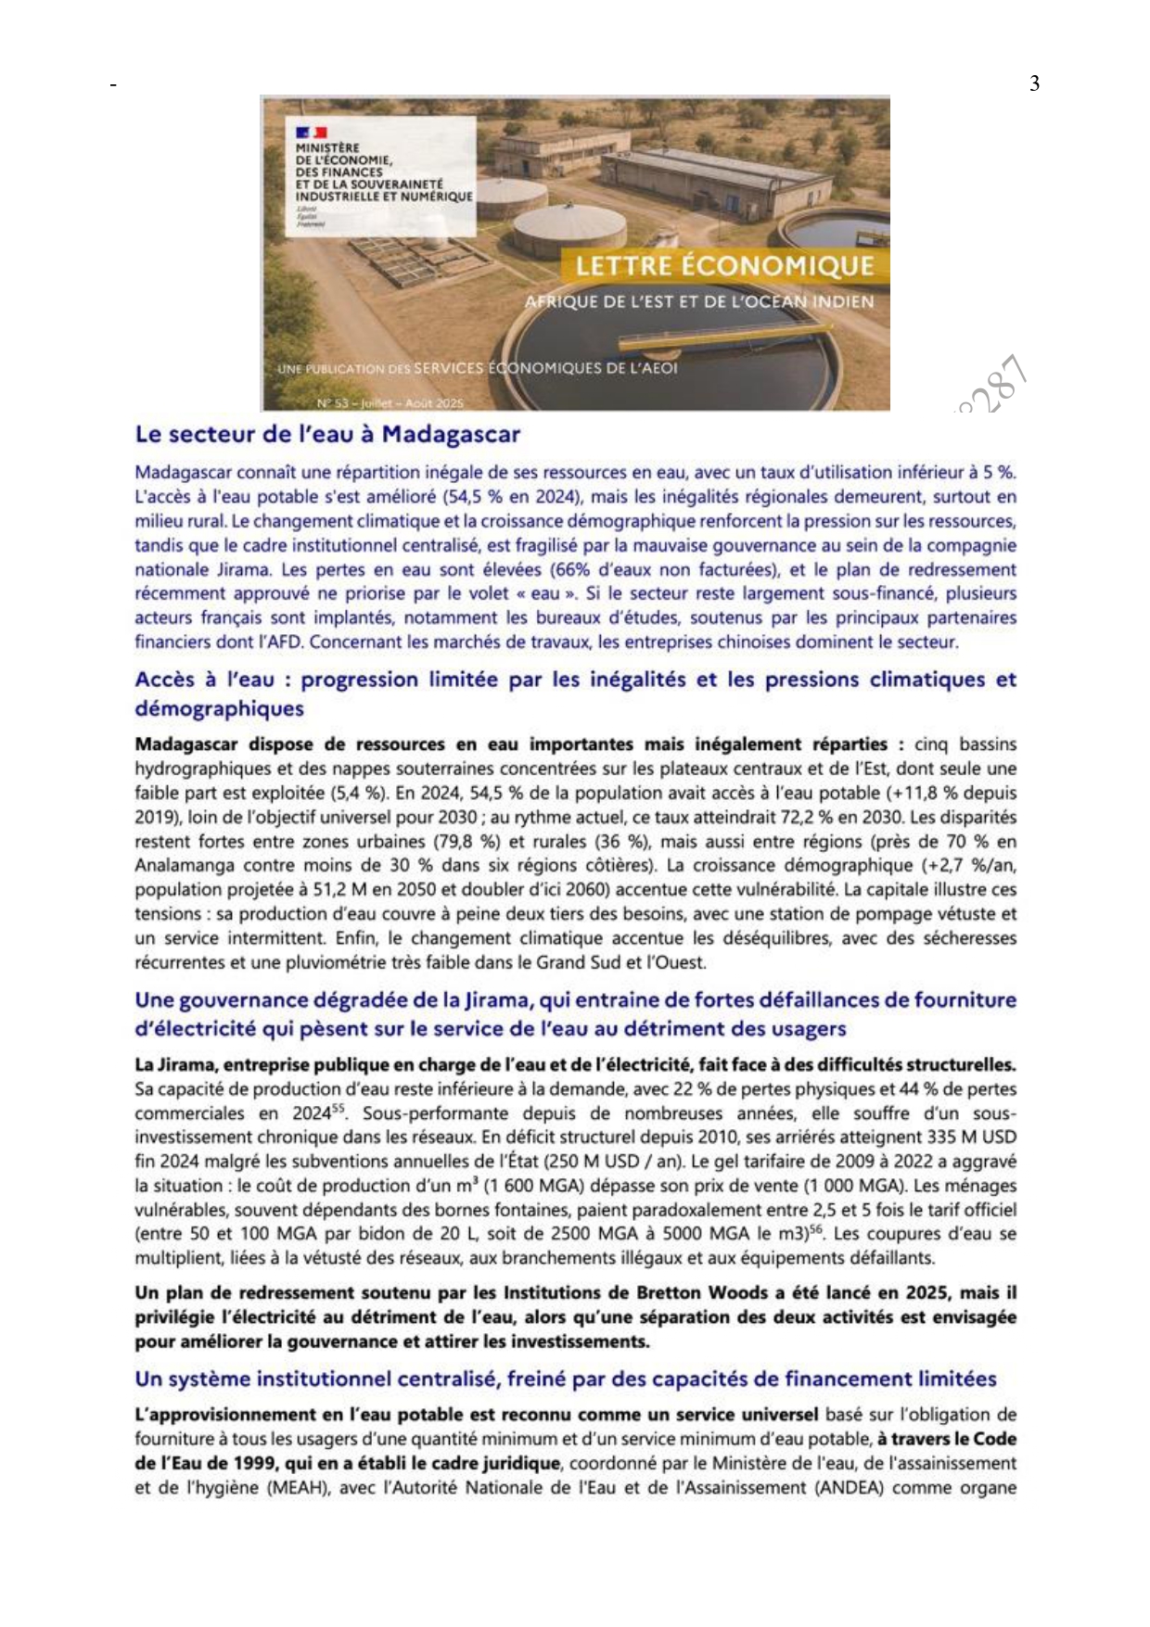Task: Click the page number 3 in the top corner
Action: (x=1034, y=84)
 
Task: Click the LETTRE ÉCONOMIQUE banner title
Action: (x=724, y=267)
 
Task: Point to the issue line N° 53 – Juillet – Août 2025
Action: (x=390, y=403)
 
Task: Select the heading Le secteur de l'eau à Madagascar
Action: (x=327, y=434)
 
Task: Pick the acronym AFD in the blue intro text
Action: (x=289, y=642)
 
